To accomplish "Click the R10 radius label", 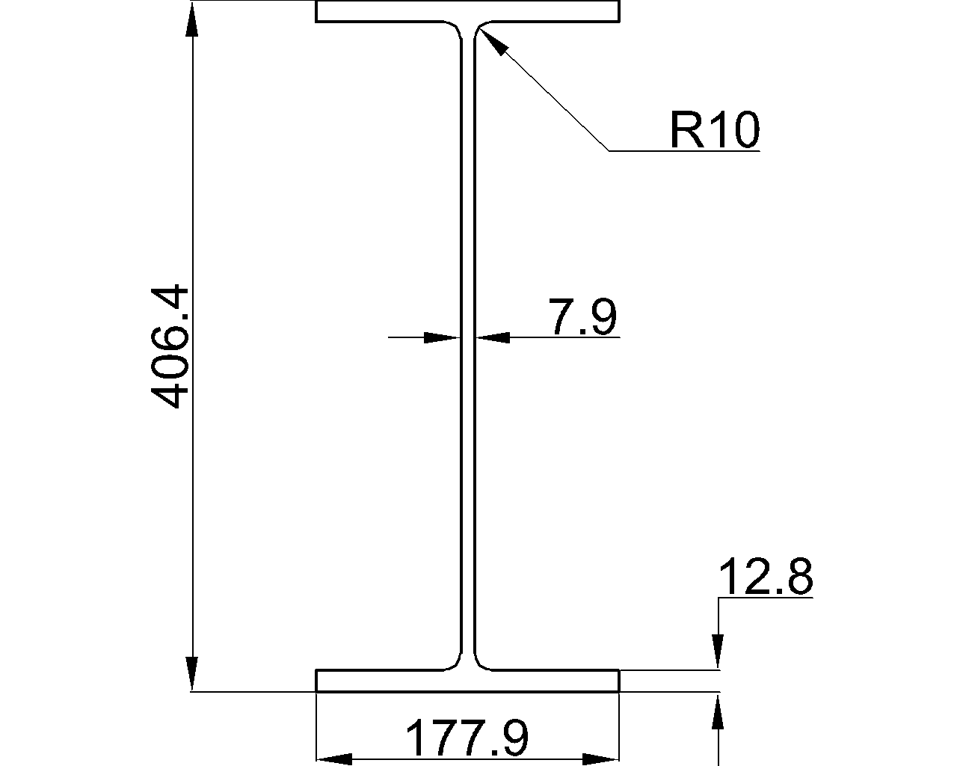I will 714,129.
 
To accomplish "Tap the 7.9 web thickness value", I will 582,316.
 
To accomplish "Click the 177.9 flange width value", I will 467,738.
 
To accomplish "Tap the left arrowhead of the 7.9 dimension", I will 440,338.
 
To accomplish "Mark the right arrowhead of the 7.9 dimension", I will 494,338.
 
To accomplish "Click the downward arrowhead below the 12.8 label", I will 718,649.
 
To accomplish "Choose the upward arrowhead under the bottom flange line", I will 718,712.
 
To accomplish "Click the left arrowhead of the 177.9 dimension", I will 335,759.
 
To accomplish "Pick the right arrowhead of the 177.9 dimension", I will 601,759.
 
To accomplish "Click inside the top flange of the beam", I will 389,11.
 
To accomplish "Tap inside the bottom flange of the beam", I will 389,681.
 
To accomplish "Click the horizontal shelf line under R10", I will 684,151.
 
